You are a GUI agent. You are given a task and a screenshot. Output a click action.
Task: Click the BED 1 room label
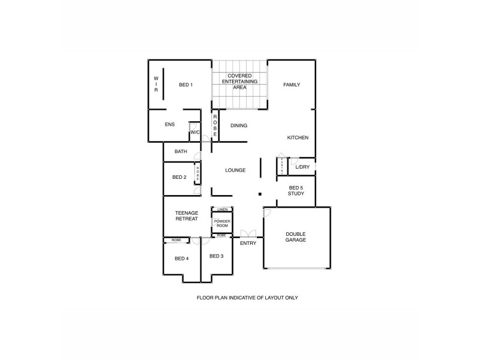pyautogui.click(x=186, y=85)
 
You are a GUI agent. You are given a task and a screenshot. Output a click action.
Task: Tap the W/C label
pyautogui.click(x=195, y=133)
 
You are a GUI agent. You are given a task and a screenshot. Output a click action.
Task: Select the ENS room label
pyautogui.click(x=170, y=124)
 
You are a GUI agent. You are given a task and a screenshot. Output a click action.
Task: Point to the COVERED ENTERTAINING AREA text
pyautogui.click(x=239, y=81)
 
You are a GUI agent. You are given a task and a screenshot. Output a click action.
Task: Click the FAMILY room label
pyautogui.click(x=292, y=85)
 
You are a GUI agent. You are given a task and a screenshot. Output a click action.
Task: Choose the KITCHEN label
pyautogui.click(x=298, y=137)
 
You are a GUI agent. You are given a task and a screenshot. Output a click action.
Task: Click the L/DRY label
pyautogui.click(x=302, y=167)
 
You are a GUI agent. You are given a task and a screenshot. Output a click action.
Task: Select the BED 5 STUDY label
pyautogui.click(x=296, y=191)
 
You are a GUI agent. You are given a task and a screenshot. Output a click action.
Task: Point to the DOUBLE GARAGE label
pyautogui.click(x=296, y=236)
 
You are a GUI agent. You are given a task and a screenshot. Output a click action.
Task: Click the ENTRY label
pyautogui.click(x=248, y=243)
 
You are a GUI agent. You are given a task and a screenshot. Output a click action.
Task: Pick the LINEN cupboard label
pyautogui.click(x=222, y=209)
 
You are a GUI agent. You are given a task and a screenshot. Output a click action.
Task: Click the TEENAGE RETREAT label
pyautogui.click(x=187, y=215)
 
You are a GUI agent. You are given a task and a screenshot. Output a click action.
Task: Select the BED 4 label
pyautogui.click(x=182, y=259)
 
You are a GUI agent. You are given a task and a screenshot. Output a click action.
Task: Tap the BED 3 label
pyautogui.click(x=217, y=256)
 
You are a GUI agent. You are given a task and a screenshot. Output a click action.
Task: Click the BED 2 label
pyautogui.click(x=179, y=177)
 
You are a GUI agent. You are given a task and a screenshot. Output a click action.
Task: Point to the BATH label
pyautogui.click(x=181, y=151)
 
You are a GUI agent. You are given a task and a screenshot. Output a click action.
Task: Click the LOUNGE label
pyautogui.click(x=235, y=170)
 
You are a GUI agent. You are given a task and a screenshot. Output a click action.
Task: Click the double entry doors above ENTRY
pyautogui.click(x=248, y=233)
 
